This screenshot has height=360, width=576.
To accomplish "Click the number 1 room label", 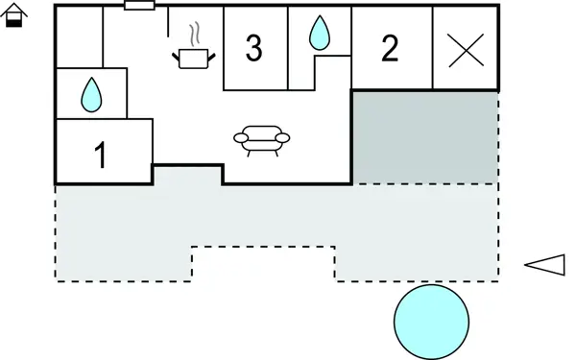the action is (x=101, y=156).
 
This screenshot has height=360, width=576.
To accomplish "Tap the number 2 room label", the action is (x=389, y=49).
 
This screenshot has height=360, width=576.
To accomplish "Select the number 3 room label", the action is (x=252, y=49).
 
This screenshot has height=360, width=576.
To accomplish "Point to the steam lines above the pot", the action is (x=195, y=36).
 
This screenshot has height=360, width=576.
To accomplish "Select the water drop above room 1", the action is (x=91, y=93).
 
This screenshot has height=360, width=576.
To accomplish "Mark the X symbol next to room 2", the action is (x=466, y=49).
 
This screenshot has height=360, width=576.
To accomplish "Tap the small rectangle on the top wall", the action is (x=139, y=6).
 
